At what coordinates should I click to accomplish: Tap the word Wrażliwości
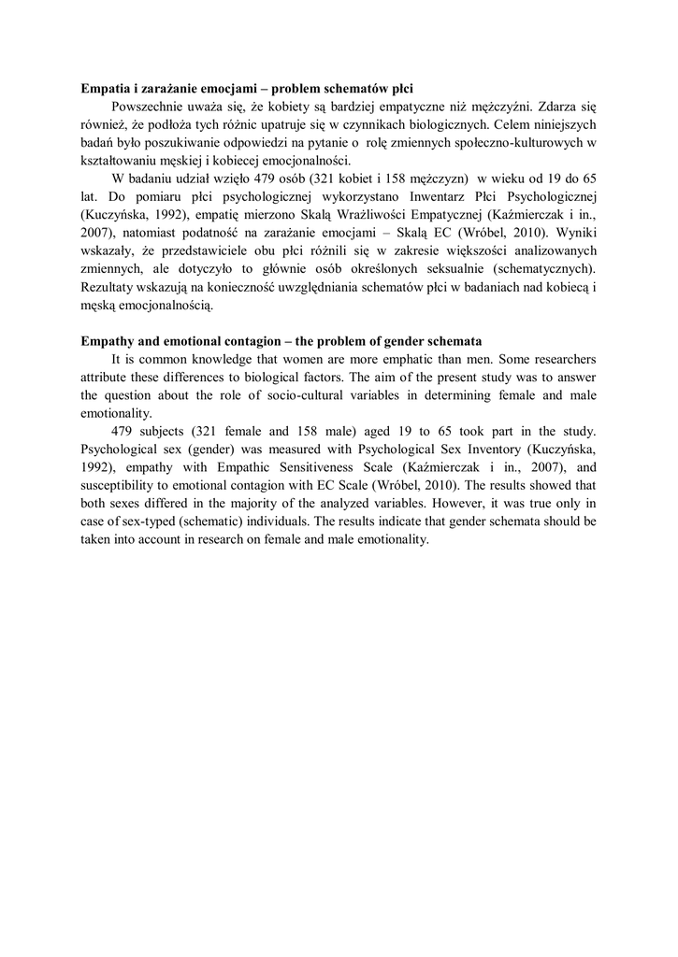point(381,214)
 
